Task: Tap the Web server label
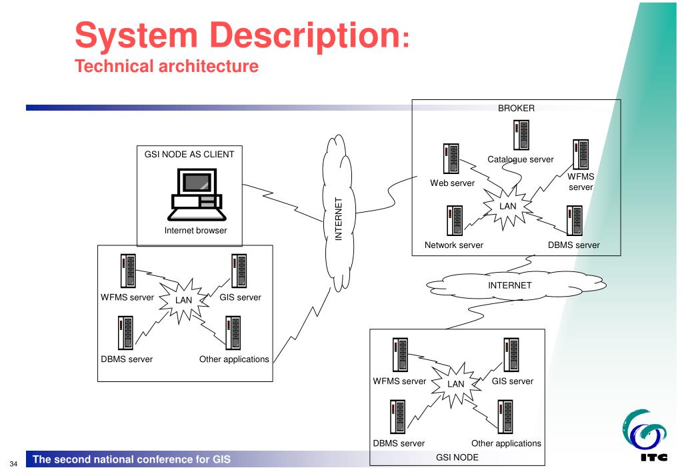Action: click(453, 183)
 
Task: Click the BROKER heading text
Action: click(516, 108)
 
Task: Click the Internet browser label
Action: click(195, 231)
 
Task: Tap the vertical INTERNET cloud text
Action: click(338, 219)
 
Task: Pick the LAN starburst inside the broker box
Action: click(508, 206)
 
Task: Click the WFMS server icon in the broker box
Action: click(579, 154)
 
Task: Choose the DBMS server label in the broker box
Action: click(573, 245)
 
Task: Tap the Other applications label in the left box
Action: click(234, 359)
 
